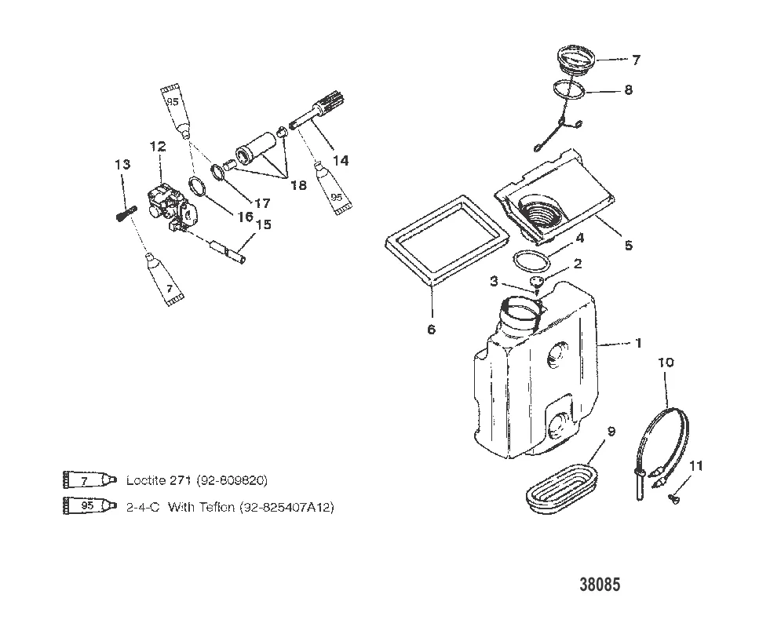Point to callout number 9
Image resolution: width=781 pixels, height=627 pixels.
coord(611,431)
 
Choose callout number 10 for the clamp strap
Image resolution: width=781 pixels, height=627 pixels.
coord(666,363)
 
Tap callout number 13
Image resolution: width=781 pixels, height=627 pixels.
coord(122,165)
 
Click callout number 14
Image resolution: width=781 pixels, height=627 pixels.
coord(340,160)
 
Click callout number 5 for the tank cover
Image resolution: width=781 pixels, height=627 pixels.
coord(628,245)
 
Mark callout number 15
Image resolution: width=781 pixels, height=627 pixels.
coord(263,225)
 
